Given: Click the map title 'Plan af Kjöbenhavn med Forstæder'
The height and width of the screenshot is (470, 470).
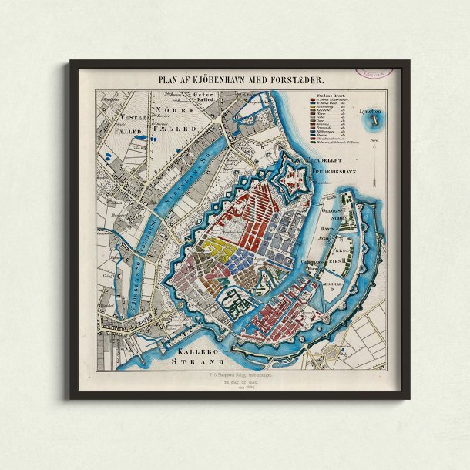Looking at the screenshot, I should pos(241,79).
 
